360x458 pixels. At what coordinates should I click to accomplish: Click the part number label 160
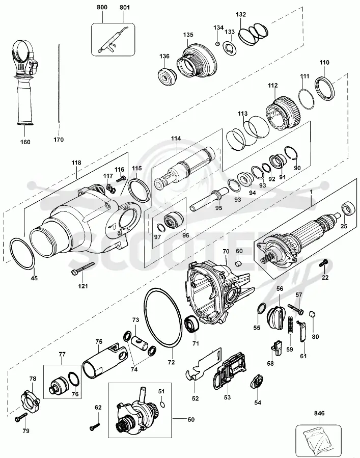(25, 142)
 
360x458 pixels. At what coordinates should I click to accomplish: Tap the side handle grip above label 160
(24, 83)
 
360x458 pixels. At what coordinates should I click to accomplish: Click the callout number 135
(188, 35)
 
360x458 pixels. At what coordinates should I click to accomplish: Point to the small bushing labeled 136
(167, 77)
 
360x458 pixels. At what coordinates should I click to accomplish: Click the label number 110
(324, 62)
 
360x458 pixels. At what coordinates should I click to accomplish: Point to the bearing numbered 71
(192, 324)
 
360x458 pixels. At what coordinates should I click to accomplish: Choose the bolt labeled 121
(83, 268)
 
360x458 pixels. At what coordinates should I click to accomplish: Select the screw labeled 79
(20, 417)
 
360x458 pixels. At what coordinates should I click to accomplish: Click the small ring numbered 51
(162, 405)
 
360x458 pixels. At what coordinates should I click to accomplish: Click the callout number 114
(176, 139)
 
